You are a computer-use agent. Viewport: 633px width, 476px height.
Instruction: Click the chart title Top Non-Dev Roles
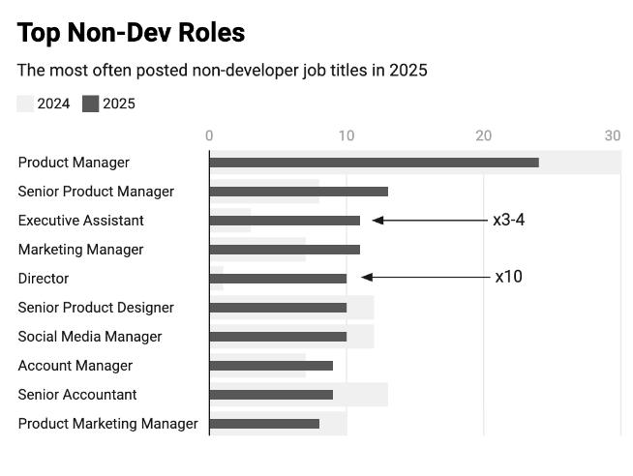click(131, 33)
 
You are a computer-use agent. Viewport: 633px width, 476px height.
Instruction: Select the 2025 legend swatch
click(90, 104)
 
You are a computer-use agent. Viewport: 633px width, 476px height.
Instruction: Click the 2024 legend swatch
click(25, 104)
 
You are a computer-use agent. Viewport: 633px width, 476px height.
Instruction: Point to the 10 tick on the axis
click(347, 136)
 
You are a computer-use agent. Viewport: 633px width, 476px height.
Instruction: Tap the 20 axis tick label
click(483, 136)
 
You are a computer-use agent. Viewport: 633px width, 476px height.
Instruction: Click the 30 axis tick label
click(612, 136)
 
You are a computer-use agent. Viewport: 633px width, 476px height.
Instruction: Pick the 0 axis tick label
click(209, 136)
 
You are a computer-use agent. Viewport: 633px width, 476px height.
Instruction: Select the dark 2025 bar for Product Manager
click(374, 163)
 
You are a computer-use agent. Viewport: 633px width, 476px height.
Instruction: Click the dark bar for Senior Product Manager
click(298, 192)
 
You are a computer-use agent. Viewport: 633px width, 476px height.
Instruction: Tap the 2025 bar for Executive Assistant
click(285, 221)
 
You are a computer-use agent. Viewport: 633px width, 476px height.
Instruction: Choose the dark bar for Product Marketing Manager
click(264, 424)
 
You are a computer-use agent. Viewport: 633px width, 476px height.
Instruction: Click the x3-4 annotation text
click(508, 220)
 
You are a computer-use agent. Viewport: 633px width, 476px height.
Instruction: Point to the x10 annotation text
click(508, 277)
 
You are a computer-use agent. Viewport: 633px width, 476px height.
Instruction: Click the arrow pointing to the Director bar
click(426, 278)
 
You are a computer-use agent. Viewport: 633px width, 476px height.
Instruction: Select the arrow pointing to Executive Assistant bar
click(431, 221)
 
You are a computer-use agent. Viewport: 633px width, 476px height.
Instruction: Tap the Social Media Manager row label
click(90, 337)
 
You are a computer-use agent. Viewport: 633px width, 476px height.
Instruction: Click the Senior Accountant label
click(77, 395)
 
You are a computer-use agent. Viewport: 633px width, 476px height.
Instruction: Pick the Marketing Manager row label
click(80, 250)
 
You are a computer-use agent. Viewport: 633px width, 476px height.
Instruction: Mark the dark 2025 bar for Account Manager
click(271, 366)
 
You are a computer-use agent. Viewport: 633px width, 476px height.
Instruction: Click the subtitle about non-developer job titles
click(222, 71)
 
